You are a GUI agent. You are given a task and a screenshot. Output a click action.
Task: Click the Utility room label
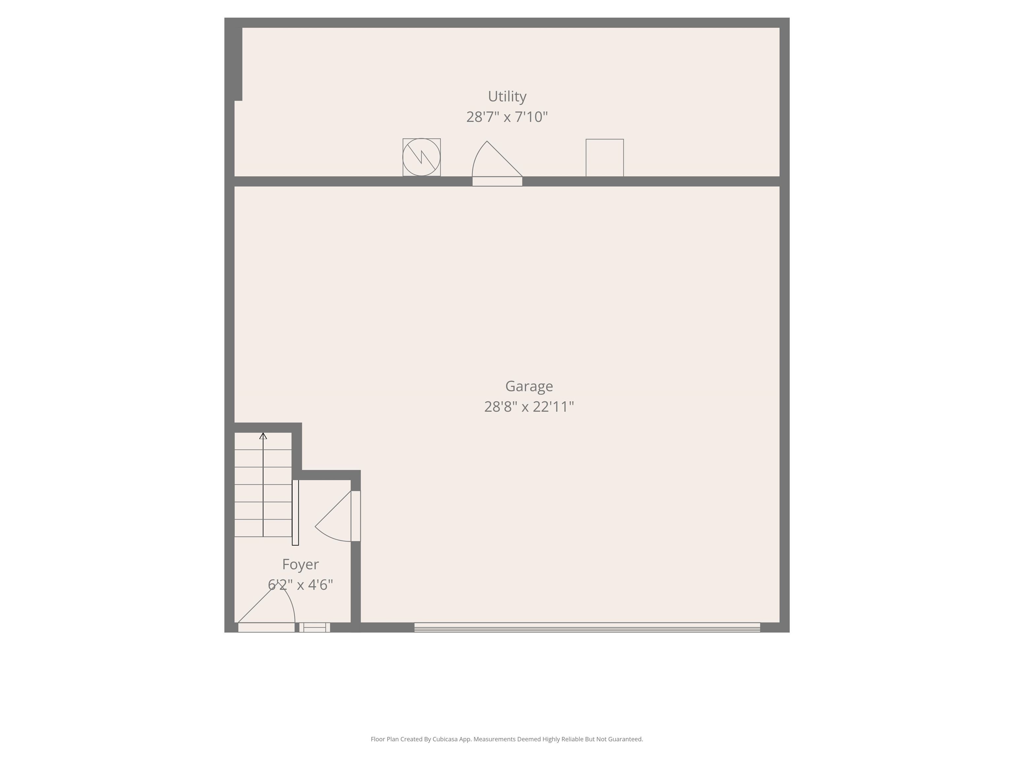507,96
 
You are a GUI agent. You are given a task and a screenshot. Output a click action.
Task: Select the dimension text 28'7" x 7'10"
507,117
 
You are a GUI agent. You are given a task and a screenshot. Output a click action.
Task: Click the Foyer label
300,564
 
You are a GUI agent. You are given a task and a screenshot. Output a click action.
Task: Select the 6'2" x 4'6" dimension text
300,585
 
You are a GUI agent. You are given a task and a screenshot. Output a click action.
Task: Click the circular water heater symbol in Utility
421,157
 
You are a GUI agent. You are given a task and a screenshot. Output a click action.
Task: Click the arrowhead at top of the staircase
263,436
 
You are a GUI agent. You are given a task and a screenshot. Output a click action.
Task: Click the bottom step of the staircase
263,528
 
